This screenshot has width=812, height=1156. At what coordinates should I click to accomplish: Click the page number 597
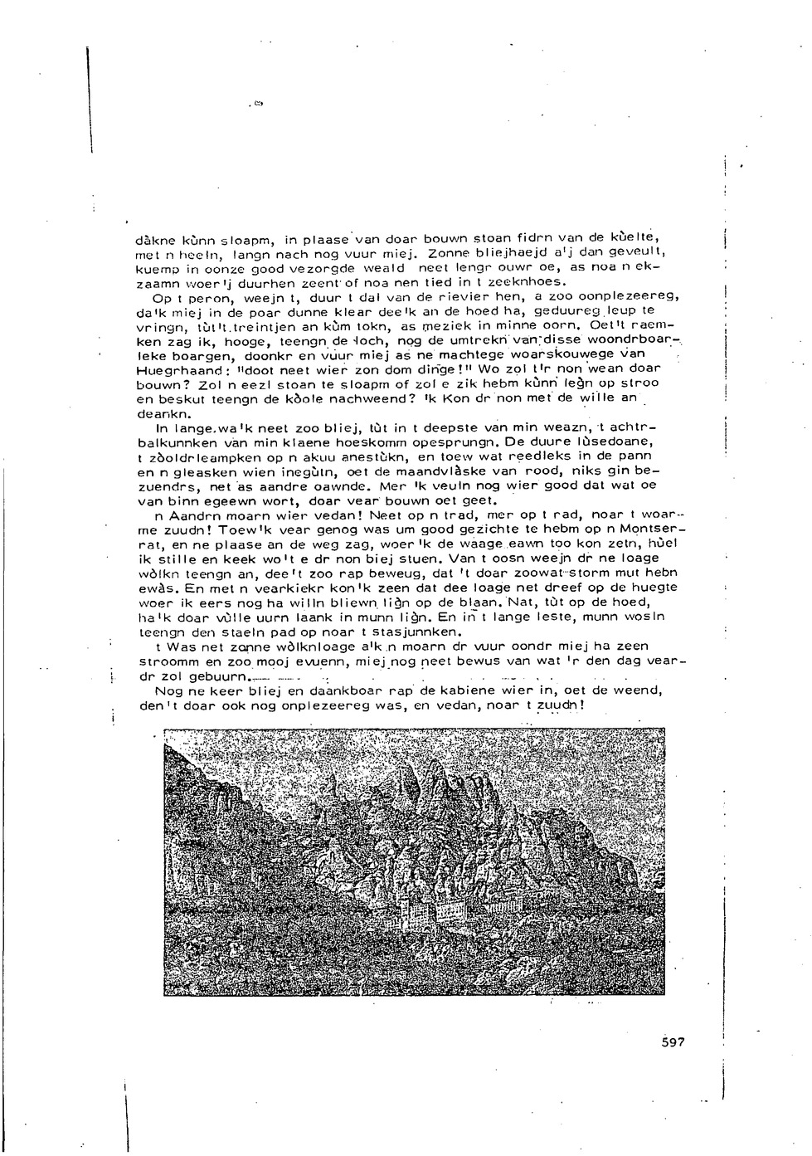[x=673, y=1042]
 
